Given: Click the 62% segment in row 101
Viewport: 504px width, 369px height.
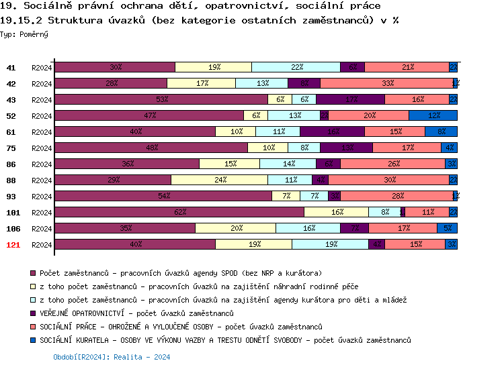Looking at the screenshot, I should [x=179, y=212].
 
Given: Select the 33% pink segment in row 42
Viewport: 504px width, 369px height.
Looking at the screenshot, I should [x=387, y=83].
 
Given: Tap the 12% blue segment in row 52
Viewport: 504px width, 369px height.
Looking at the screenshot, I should [x=433, y=115].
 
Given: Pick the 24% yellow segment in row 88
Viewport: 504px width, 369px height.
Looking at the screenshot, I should [x=219, y=180].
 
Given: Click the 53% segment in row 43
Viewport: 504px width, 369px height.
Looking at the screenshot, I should [x=161, y=99].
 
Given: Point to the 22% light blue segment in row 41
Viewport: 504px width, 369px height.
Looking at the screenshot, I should [x=296, y=67].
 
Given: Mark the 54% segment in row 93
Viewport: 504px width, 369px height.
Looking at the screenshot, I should [x=163, y=196].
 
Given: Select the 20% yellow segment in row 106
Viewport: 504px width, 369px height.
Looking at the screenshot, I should [x=235, y=228].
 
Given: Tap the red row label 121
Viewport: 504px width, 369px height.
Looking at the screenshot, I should [x=13, y=245].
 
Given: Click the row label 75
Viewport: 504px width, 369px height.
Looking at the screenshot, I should [x=11, y=148].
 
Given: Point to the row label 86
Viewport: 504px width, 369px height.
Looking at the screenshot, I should [x=11, y=164].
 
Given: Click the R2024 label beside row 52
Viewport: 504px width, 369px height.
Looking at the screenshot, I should [x=42, y=116].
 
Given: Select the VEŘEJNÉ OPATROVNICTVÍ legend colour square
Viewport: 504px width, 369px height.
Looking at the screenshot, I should [x=33, y=313].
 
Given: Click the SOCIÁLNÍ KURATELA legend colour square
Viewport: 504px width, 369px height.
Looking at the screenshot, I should [x=33, y=340].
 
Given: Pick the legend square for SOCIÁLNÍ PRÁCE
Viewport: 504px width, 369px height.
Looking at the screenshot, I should [x=33, y=327].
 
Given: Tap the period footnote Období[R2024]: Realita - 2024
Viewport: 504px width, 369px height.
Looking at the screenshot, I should [x=112, y=358].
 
